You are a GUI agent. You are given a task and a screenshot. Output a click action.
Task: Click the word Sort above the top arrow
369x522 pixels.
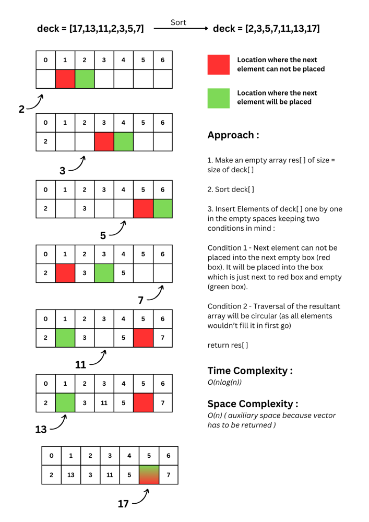[x=178, y=22]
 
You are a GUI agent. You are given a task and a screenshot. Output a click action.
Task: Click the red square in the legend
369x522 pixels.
[x=218, y=65]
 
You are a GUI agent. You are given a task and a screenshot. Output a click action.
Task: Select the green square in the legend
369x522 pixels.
[x=218, y=98]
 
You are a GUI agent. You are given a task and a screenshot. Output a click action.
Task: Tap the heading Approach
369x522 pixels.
[x=233, y=135]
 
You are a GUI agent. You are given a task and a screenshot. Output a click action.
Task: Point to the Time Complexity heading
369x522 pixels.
[x=250, y=371]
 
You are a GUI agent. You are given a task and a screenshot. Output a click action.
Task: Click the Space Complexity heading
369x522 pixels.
[x=253, y=404]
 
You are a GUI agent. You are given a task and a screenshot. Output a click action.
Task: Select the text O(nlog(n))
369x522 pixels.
[x=224, y=382]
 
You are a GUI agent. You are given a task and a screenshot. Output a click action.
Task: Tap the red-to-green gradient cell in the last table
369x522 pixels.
[x=149, y=475]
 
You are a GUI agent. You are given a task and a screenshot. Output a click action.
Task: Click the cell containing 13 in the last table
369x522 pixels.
[x=70, y=475]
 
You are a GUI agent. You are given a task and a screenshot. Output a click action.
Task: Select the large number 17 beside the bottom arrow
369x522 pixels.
[x=123, y=504]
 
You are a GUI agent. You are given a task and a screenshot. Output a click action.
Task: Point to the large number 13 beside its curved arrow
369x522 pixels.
[x=41, y=430]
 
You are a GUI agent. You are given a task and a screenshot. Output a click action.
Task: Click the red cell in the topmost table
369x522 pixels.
[x=65, y=79]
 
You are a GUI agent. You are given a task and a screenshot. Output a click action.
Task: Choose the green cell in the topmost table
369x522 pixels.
[x=85, y=79]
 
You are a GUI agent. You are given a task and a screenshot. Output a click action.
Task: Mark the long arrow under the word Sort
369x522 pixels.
[x=181, y=29]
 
